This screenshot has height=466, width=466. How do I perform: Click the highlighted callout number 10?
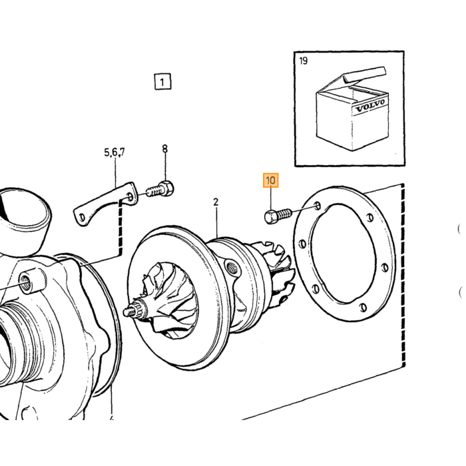click(x=270, y=180)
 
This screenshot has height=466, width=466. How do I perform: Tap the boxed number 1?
click(x=162, y=81)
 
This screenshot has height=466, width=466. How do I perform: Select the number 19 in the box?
click(x=303, y=61)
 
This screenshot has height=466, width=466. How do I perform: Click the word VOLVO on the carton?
click(x=370, y=105)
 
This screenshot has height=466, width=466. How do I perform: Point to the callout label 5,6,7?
click(x=115, y=152)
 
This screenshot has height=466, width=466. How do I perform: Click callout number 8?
click(x=164, y=148)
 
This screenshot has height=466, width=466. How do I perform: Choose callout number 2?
click(x=216, y=202)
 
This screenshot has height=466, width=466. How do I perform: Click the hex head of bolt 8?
click(x=166, y=188)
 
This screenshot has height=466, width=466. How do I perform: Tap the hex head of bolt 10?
click(x=270, y=217)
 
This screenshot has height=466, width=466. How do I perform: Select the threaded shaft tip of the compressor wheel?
click(x=128, y=312)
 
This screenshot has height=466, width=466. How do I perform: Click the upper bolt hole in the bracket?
click(x=130, y=196)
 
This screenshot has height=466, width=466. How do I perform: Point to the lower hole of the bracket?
click(x=82, y=218)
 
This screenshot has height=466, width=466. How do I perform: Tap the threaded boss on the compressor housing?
click(x=25, y=280)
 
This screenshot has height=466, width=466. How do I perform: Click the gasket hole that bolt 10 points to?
click(x=317, y=206)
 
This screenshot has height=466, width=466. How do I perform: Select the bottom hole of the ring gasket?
click(x=362, y=307)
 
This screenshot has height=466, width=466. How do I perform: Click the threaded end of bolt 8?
click(x=152, y=192)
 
